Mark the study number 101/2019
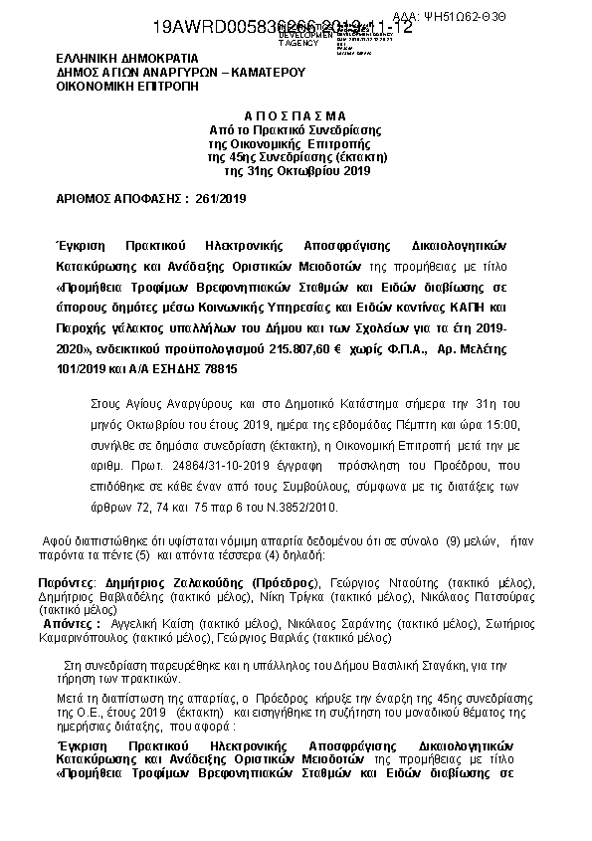pos(83,368)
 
